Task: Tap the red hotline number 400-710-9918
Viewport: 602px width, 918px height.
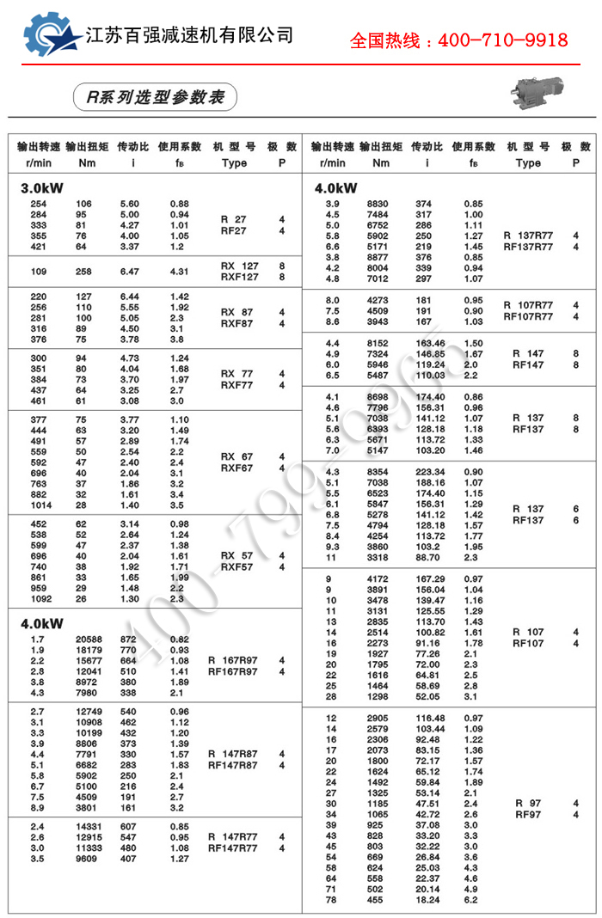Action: (458, 40)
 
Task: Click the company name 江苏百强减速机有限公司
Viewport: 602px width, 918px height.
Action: (190, 35)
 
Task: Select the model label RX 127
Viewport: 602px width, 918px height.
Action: (239, 266)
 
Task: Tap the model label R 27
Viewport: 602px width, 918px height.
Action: (233, 220)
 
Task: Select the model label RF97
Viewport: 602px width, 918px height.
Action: (528, 815)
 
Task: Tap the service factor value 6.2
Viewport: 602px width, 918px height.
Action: (471, 900)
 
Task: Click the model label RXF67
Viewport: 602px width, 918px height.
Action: (239, 468)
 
